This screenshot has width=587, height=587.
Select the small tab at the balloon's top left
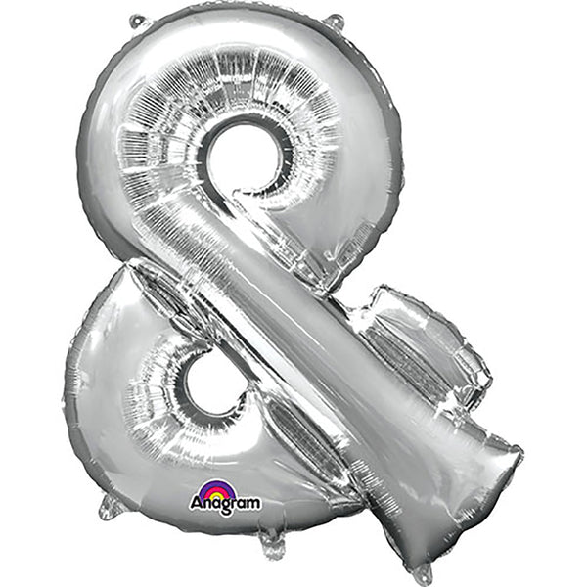pos(137,21)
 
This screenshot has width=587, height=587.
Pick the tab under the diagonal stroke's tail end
pos(422,572)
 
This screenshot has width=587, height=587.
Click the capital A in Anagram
pos(197,504)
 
